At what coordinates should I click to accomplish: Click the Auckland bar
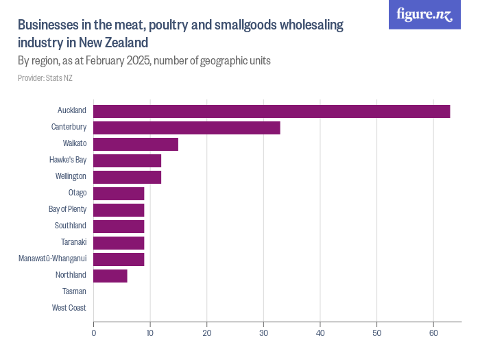(x=272, y=111)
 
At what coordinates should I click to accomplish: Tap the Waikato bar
(x=136, y=144)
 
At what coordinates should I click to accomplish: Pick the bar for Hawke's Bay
(x=127, y=160)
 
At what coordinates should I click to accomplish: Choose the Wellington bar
(x=127, y=177)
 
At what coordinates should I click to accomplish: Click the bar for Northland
(x=110, y=276)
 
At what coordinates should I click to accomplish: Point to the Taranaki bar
(x=119, y=243)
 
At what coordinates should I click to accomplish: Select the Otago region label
(x=77, y=193)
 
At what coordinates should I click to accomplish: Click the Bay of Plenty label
(x=67, y=209)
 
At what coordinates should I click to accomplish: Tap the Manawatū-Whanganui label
(x=52, y=259)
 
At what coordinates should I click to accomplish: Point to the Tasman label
(x=74, y=291)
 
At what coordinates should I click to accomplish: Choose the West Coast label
(x=69, y=308)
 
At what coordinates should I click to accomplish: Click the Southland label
(x=71, y=226)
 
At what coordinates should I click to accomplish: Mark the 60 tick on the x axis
(x=433, y=333)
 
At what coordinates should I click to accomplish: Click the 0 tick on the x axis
(x=93, y=333)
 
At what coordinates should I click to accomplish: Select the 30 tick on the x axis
(x=263, y=333)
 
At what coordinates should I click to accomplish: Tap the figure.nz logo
(x=424, y=14)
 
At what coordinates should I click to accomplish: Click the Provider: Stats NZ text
(x=45, y=78)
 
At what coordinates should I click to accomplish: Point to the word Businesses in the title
(x=47, y=25)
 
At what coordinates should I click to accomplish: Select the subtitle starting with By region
(x=144, y=60)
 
